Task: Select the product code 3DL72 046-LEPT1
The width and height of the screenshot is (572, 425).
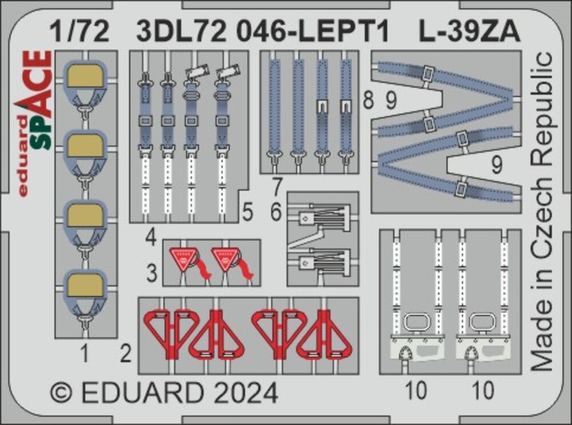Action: tap(263, 33)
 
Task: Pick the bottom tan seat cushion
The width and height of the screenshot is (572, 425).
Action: tap(85, 285)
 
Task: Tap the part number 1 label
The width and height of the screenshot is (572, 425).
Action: tap(85, 355)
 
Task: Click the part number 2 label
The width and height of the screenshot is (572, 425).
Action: tap(126, 355)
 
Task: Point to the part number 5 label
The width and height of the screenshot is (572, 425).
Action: tap(247, 213)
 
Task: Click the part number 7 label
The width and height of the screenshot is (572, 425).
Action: tap(276, 186)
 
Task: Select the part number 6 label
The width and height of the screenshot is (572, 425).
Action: tap(276, 213)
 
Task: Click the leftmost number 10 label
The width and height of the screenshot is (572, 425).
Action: tap(418, 392)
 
